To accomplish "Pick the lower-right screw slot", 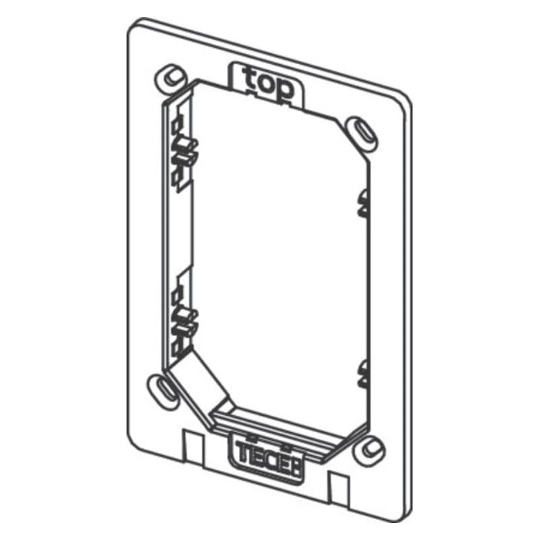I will [x=371, y=448].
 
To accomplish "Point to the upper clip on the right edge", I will [x=364, y=202].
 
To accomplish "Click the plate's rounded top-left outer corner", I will [x=135, y=26].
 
